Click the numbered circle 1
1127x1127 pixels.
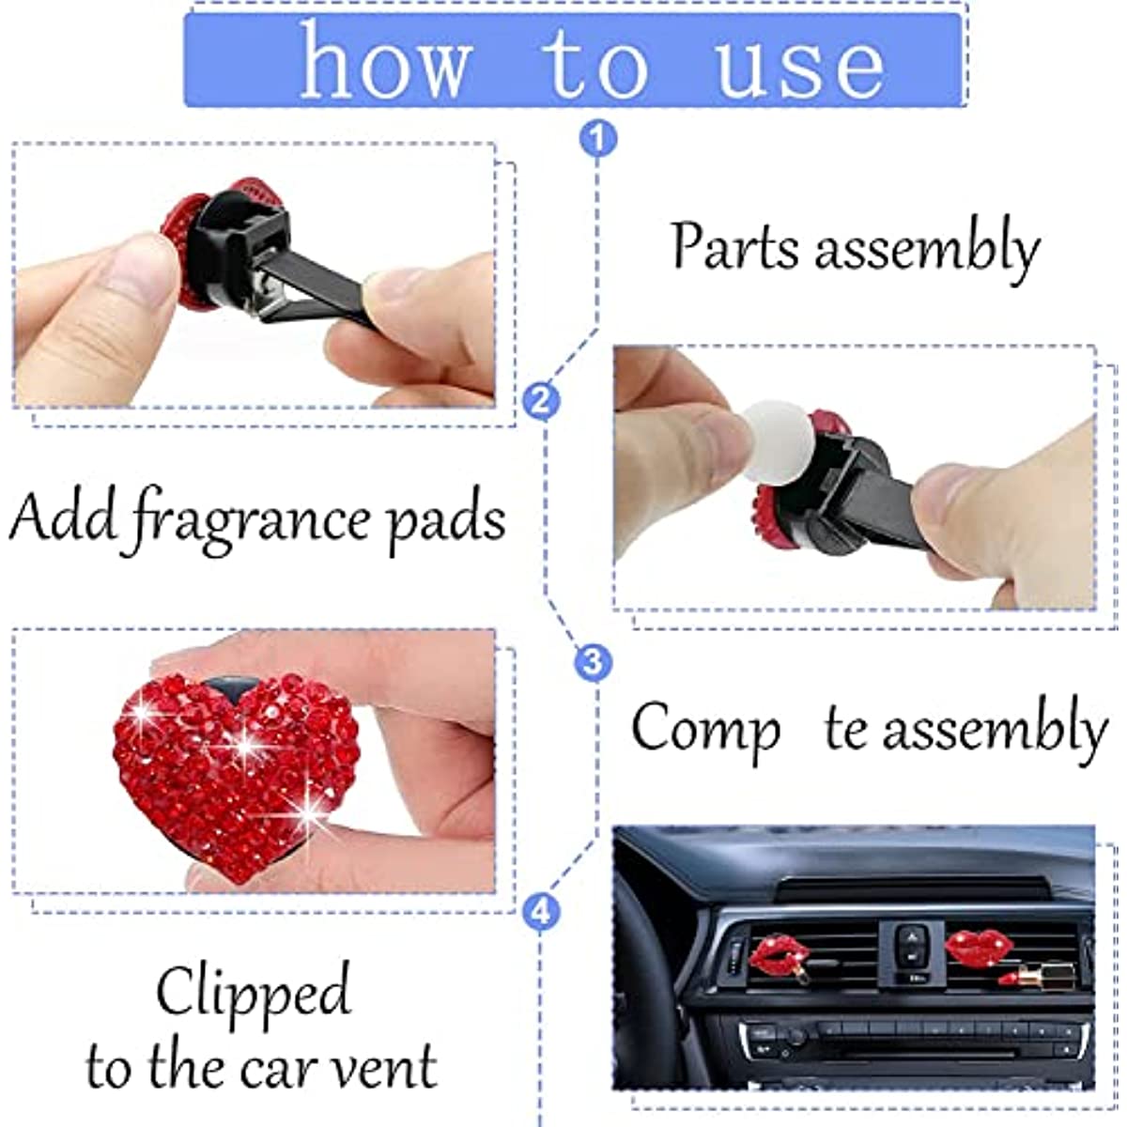pyautogui.click(x=598, y=139)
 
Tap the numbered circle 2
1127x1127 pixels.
pyautogui.click(x=541, y=401)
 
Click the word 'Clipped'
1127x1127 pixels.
pyautogui.click(x=253, y=994)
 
